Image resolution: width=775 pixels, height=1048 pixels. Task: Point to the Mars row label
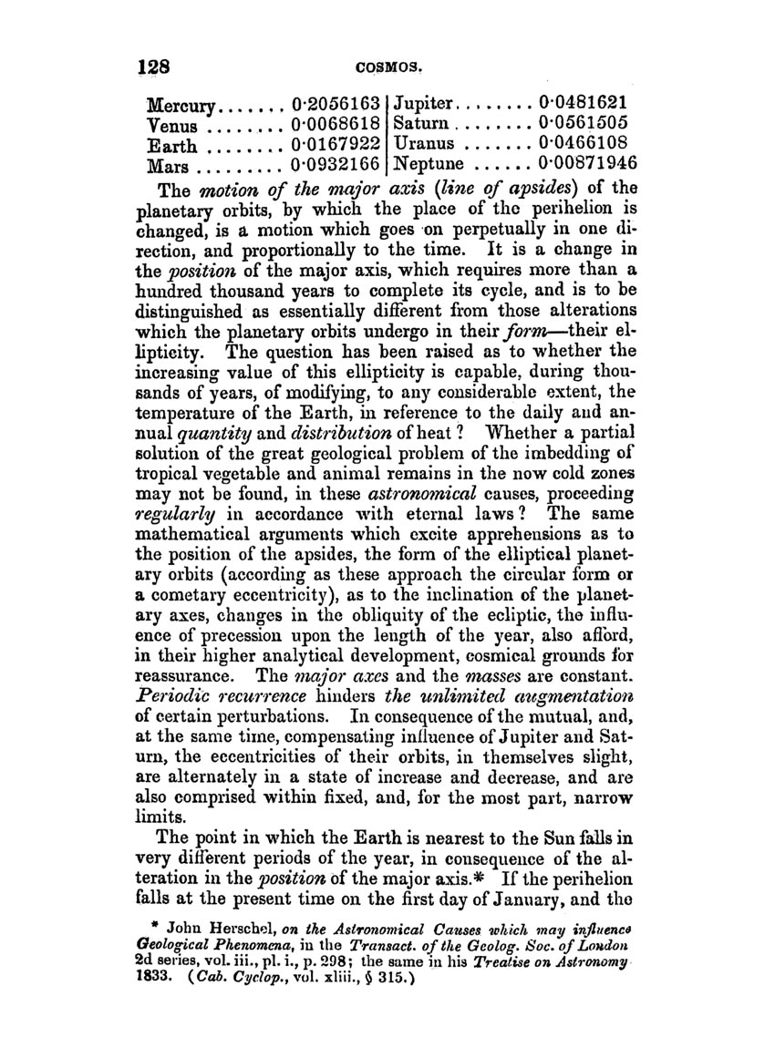click(168, 166)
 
